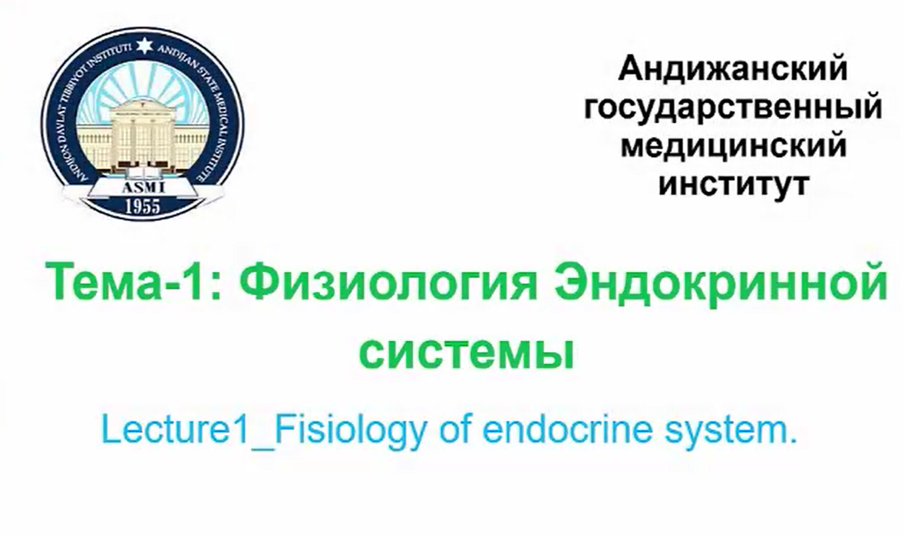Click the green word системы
click(466, 355)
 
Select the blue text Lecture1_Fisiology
click(265, 431)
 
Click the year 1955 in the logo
click(143, 206)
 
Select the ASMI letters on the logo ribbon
click(143, 187)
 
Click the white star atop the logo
click(144, 45)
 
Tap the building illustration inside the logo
click(142, 135)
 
